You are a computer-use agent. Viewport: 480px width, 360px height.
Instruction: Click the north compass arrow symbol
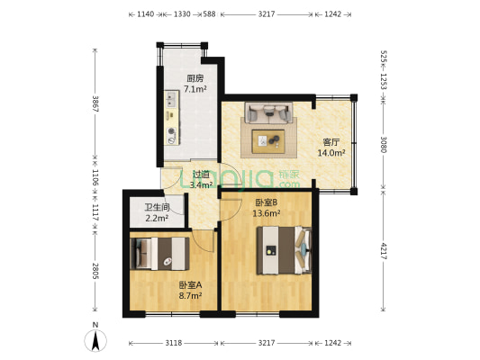click(x=95, y=340)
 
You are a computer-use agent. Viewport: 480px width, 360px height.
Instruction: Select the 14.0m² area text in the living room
click(x=331, y=153)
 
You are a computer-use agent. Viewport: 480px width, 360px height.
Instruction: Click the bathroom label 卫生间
click(x=157, y=207)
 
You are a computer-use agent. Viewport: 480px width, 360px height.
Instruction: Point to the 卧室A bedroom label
click(x=190, y=285)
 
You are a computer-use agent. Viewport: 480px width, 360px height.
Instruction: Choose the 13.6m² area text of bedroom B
click(x=267, y=213)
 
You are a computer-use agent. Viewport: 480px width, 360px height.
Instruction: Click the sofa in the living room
click(x=268, y=112)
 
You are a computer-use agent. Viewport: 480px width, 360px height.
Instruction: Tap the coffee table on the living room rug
click(x=268, y=141)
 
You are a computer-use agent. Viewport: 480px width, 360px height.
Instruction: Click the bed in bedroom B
click(x=284, y=250)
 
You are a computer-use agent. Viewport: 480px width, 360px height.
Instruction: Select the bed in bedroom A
click(x=159, y=254)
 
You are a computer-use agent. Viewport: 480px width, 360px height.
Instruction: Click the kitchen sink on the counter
click(x=171, y=99)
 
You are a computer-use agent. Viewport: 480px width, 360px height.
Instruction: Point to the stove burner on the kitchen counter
click(x=172, y=131)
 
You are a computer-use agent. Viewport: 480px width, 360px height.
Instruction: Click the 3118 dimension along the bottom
click(x=174, y=343)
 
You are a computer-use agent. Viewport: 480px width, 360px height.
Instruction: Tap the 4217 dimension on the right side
click(x=384, y=251)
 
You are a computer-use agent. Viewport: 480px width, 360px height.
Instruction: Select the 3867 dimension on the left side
click(x=95, y=104)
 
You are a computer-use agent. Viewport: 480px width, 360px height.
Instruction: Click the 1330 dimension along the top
click(x=182, y=14)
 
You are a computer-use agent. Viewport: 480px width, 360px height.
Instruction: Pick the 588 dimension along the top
click(x=210, y=14)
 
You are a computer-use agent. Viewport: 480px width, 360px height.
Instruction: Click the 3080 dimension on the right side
click(x=384, y=144)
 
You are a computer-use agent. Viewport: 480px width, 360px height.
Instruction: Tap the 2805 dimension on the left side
click(x=95, y=271)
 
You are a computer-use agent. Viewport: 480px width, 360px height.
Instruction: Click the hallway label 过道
click(x=201, y=175)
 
